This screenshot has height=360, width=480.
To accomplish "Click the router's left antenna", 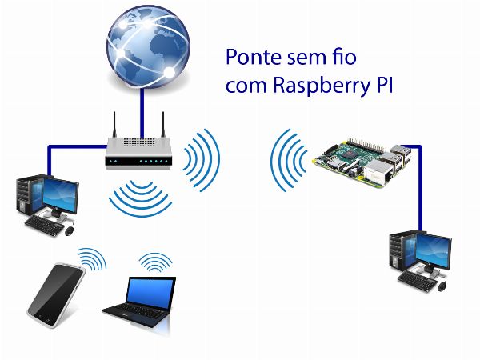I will click(x=115, y=126).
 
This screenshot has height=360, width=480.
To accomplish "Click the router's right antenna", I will click(x=165, y=126).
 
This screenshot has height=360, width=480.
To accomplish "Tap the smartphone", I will click(x=56, y=291).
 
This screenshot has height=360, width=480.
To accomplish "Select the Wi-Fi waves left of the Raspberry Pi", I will click(x=287, y=160).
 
